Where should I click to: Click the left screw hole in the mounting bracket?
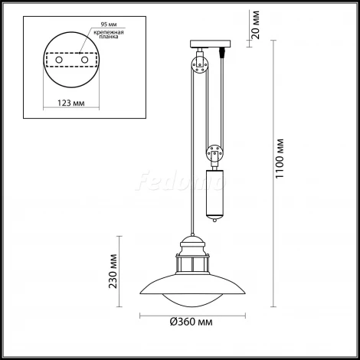point(64,58)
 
